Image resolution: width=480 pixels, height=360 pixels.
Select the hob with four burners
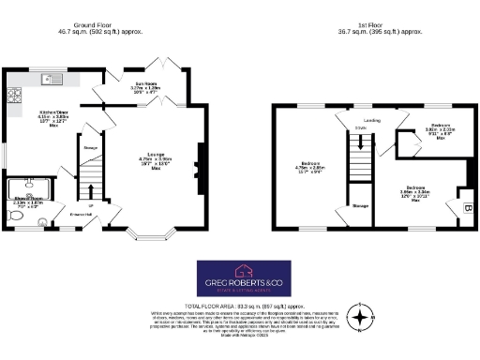pyautogui.click(x=15, y=95)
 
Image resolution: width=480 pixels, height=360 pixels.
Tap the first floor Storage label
pyautogui.click(x=358, y=203)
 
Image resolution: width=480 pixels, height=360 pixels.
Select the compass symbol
pyautogui.click(x=360, y=319)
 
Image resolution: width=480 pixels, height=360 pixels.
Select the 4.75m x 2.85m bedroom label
pyautogui.click(x=307, y=171)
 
